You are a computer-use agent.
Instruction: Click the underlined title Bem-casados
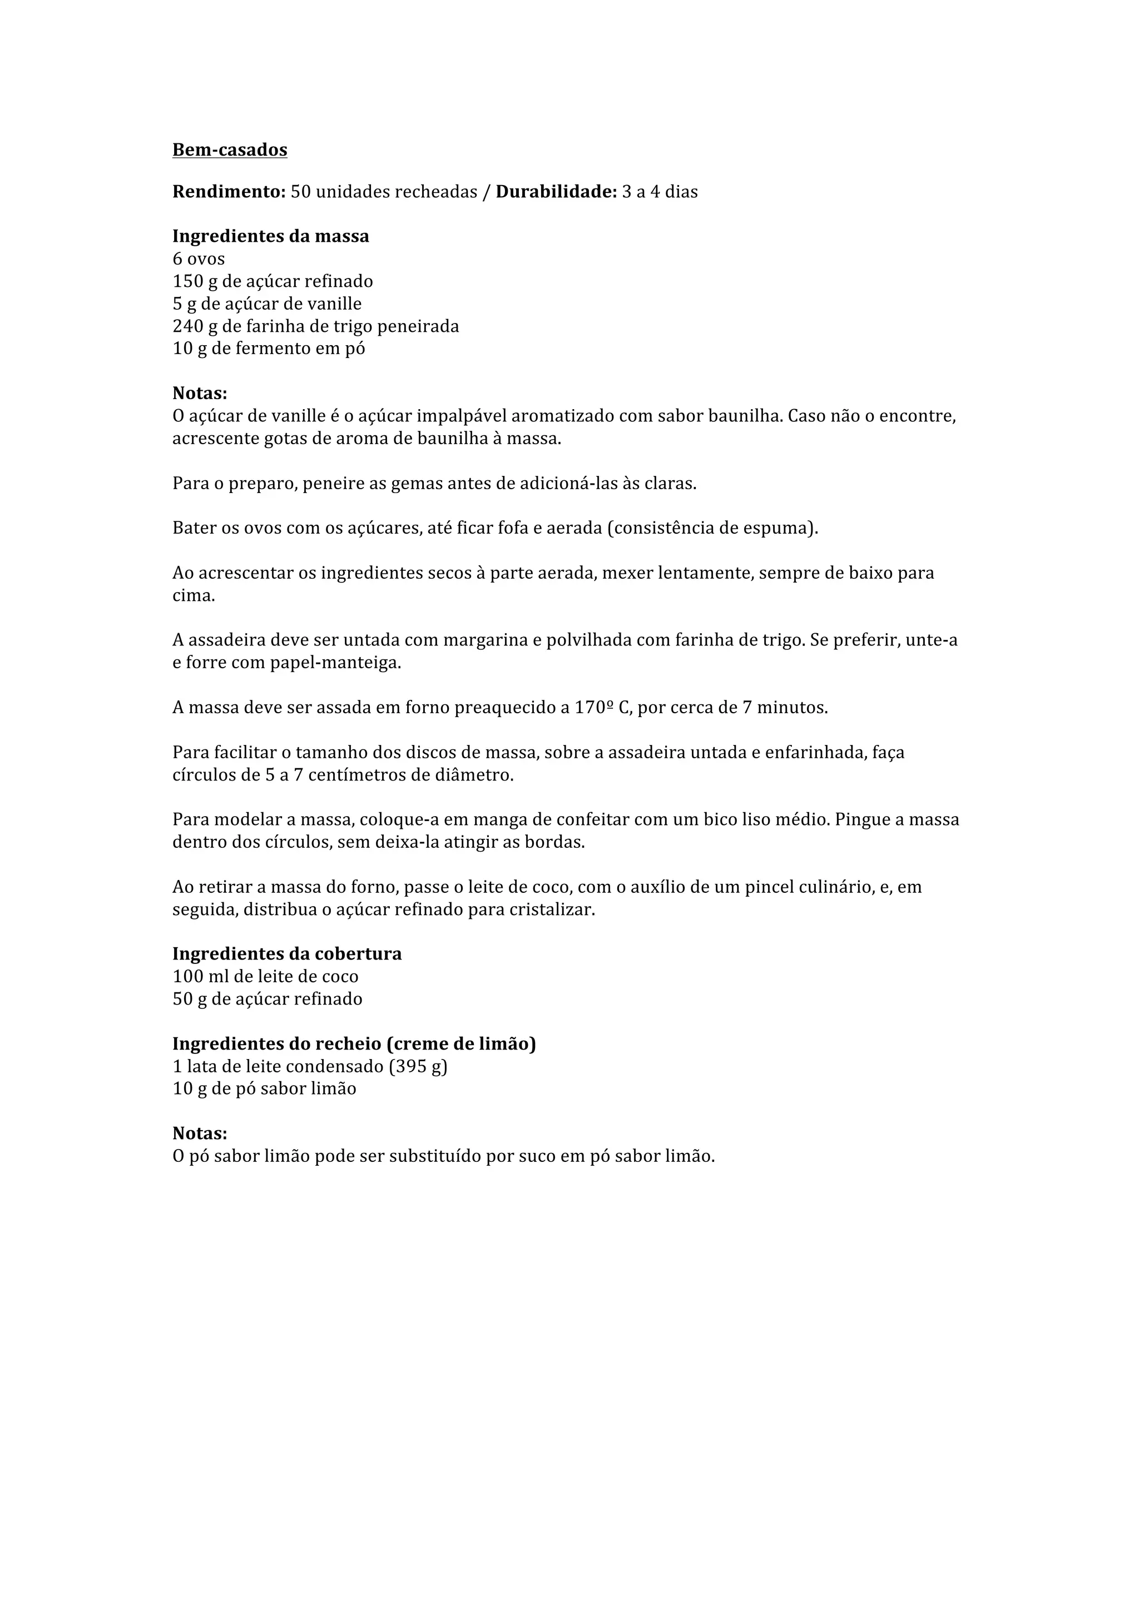(230, 150)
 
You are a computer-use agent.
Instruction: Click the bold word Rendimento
(228, 192)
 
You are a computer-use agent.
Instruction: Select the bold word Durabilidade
(555, 192)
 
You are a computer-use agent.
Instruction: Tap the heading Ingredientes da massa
(270, 236)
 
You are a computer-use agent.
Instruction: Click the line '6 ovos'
(199, 259)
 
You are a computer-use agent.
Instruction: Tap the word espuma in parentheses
(783, 528)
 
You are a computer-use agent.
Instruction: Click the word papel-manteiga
(335, 663)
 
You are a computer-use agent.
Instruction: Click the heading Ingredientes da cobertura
(287, 954)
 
